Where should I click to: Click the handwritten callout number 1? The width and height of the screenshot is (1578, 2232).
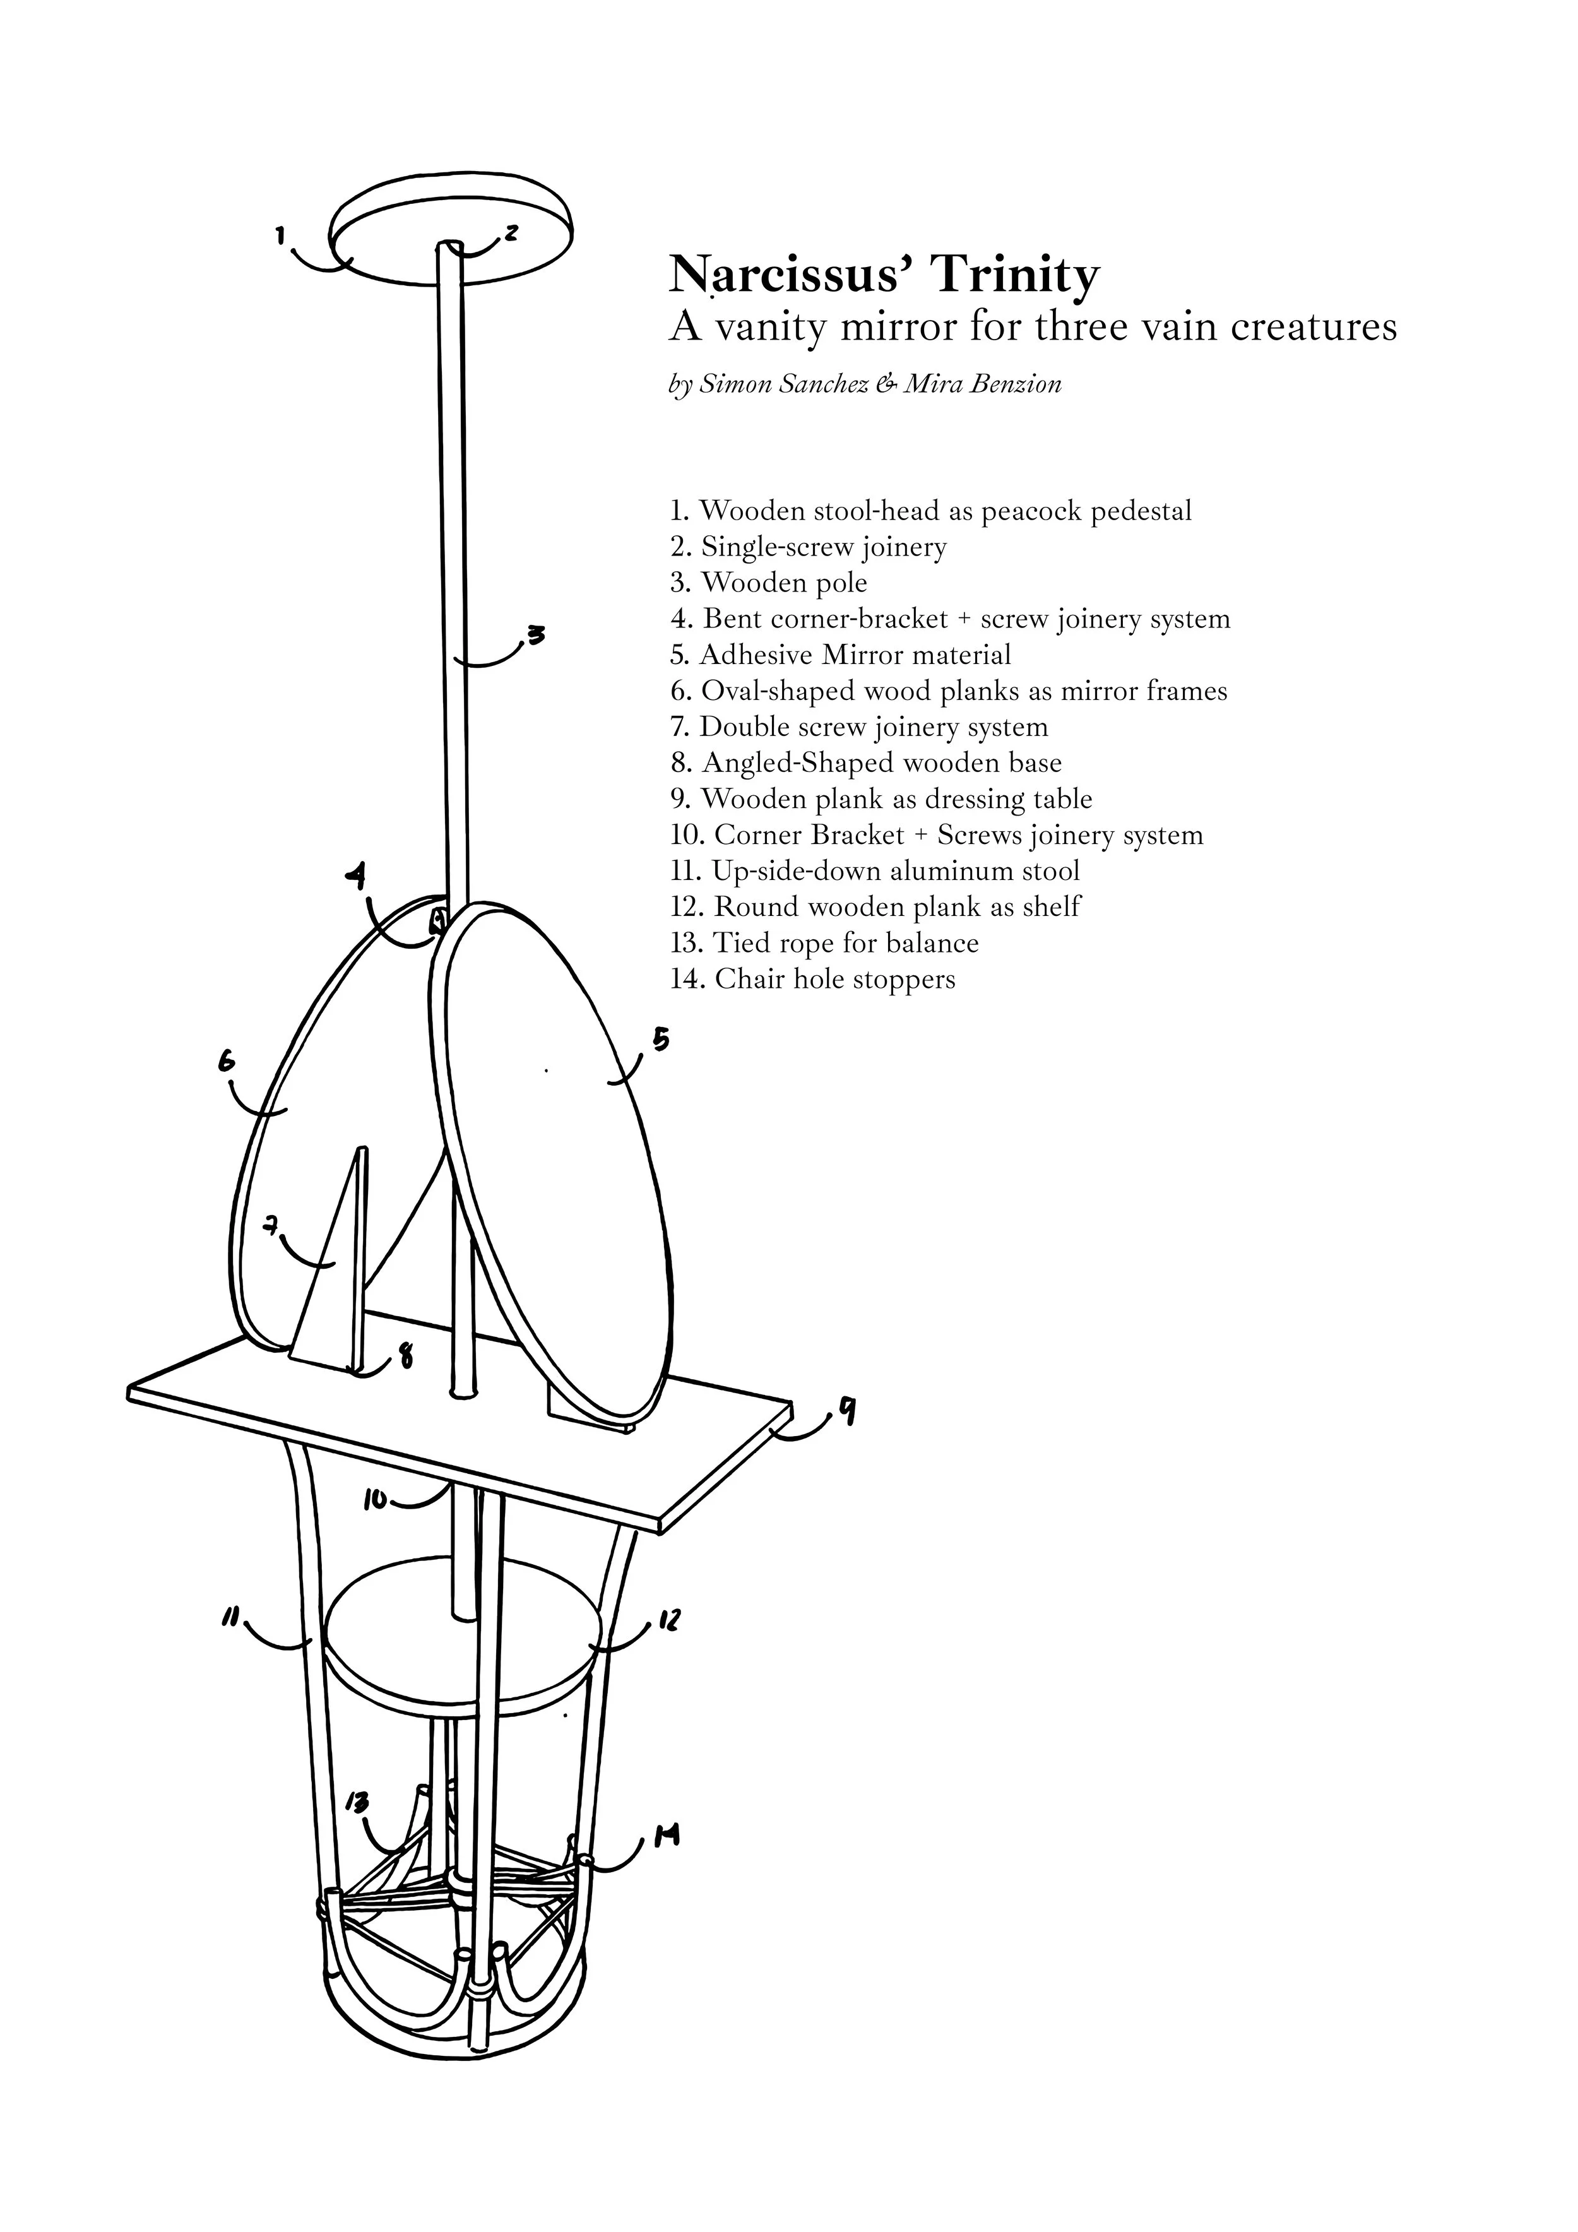(x=280, y=234)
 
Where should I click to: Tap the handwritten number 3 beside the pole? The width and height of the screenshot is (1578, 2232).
(x=536, y=635)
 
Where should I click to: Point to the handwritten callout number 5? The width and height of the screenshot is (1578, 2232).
(x=660, y=1040)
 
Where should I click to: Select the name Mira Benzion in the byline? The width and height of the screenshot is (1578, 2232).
(x=982, y=384)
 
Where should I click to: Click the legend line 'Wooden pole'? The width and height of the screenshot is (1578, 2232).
(x=784, y=583)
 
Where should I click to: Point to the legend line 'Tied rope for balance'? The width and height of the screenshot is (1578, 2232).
(x=845, y=943)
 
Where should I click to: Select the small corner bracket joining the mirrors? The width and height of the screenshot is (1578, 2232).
(x=437, y=918)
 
